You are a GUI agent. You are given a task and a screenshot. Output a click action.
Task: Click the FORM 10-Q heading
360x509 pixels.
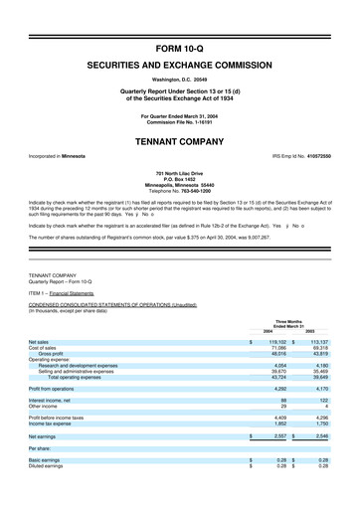coord(179,48)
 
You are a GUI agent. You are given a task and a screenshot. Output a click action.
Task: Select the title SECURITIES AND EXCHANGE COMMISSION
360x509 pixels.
coord(179,63)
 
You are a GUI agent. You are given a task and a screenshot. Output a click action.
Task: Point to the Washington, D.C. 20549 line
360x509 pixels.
coord(179,78)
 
